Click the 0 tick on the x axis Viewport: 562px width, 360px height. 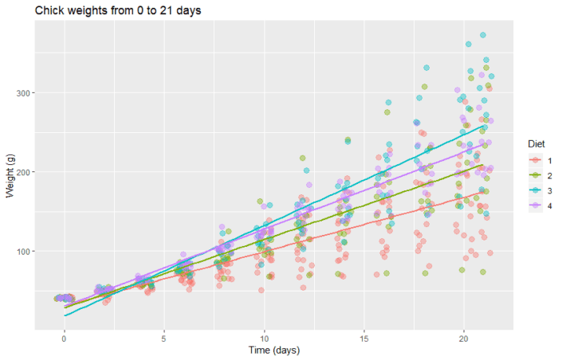(64, 337)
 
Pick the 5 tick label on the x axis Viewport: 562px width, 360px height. (163, 337)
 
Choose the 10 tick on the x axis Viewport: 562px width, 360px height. (263, 337)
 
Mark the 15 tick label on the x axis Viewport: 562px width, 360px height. (364, 337)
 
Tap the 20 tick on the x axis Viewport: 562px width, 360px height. (463, 337)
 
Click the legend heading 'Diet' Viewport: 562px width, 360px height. (536, 143)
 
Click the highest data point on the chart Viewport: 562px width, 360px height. (483, 35)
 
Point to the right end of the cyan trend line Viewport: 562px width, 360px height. (484, 125)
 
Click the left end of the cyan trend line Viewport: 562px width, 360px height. (64, 316)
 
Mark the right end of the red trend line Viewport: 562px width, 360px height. (484, 189)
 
